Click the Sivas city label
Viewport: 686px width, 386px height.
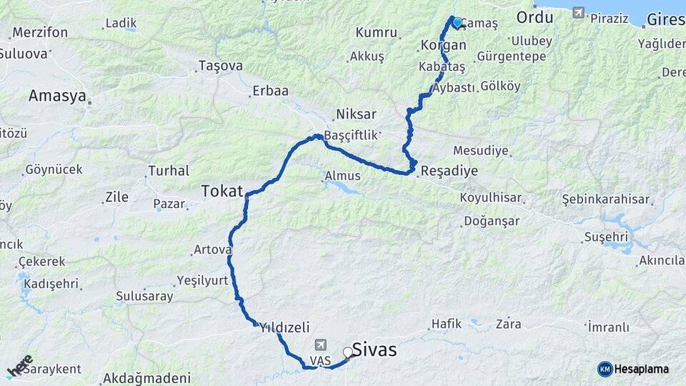point(374,351)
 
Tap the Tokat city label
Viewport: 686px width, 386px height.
point(222,191)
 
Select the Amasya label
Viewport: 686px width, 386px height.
point(57,96)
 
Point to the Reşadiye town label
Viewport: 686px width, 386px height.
point(449,171)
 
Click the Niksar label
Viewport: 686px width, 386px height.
point(356,114)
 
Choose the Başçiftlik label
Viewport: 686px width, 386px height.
point(350,135)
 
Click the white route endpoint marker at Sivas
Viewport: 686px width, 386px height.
point(348,352)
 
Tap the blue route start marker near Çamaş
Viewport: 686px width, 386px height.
point(457,22)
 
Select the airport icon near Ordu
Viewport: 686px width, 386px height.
point(577,14)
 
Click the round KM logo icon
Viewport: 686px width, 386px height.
point(605,369)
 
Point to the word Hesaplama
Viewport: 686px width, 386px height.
point(642,369)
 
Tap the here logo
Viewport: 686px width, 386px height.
point(20,366)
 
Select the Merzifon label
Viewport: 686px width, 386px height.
point(40,33)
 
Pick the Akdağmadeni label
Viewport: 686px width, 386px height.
point(147,378)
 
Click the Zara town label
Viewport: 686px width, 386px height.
point(508,323)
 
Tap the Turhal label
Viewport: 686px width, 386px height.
point(168,171)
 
